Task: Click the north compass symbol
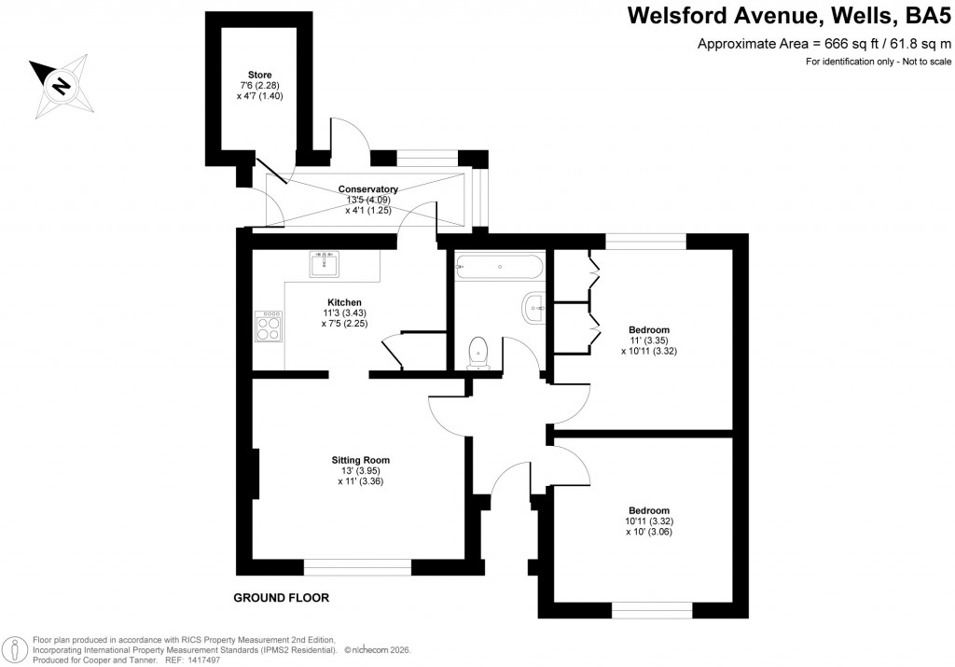coord(61,85)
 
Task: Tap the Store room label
coord(259,75)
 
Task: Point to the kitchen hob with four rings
coord(270,327)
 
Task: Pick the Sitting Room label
coord(360,460)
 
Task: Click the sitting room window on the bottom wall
coord(357,565)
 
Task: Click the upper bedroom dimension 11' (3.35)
coord(648,341)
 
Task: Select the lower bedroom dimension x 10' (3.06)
coord(648,532)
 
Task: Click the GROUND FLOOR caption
coord(281,597)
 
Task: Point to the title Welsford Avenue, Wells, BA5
coord(788,16)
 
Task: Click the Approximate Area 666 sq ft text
coord(824,44)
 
